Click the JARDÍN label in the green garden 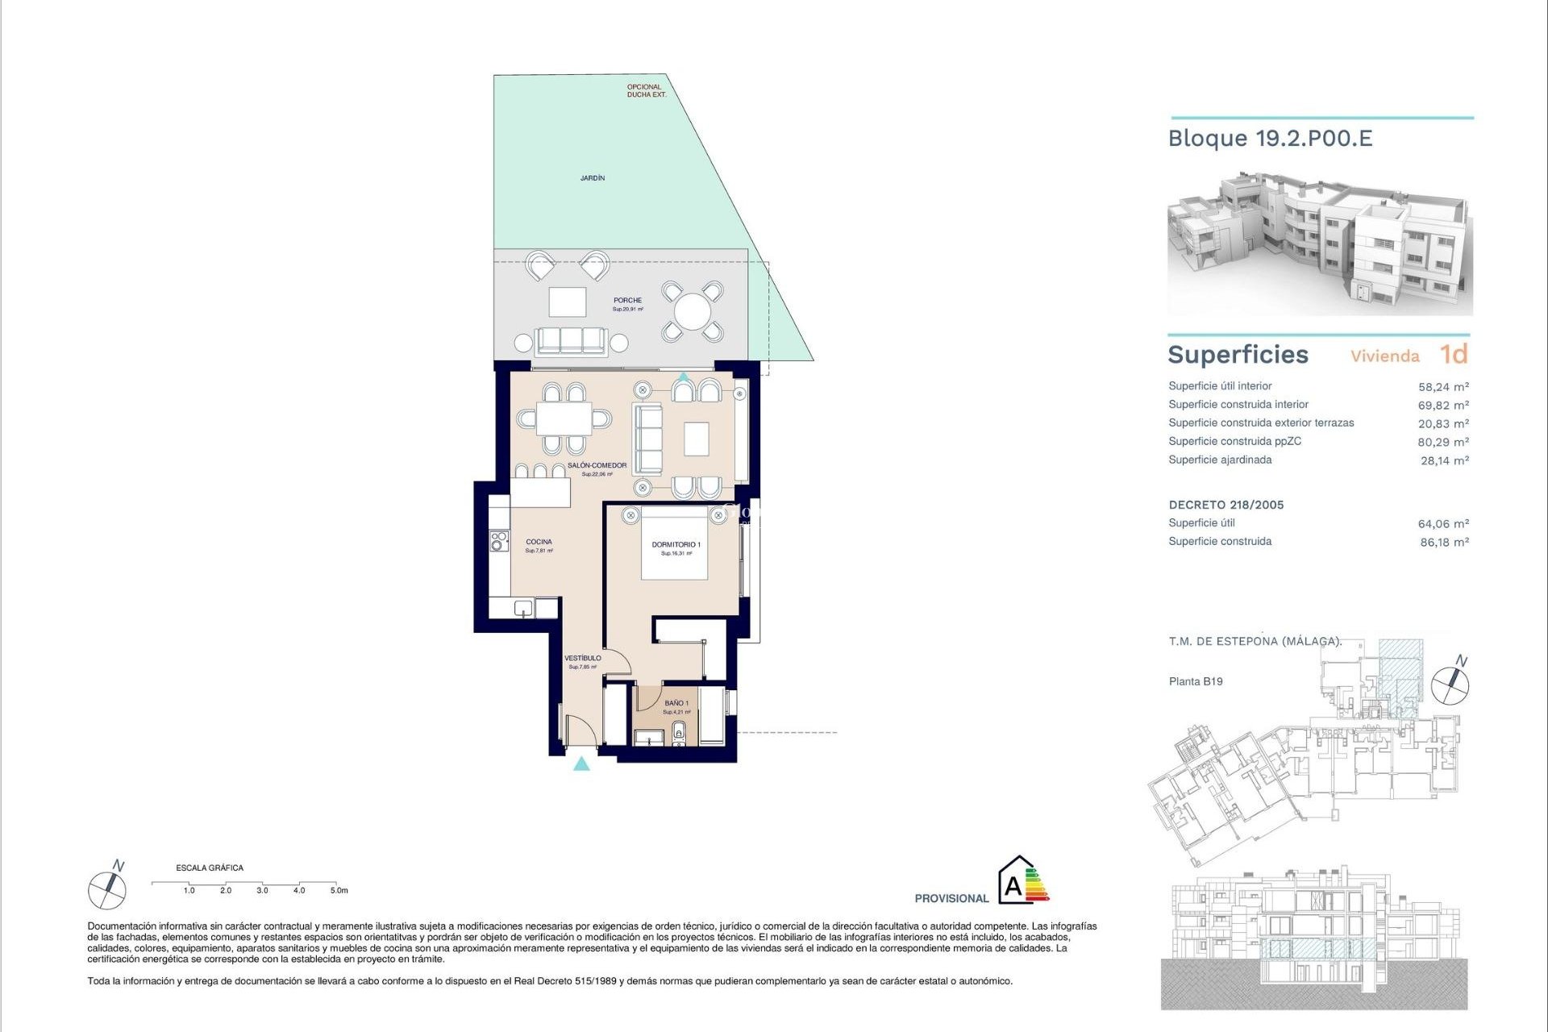coord(593,177)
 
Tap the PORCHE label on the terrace coord(627,301)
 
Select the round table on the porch coord(692,311)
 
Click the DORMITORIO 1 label coord(676,545)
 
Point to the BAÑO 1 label coord(676,703)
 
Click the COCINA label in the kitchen coord(539,542)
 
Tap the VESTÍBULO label coord(582,658)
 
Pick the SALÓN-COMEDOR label coord(597,465)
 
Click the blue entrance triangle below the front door coord(581,764)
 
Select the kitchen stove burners coord(499,540)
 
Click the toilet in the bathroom coord(679,732)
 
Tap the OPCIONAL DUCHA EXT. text coord(646,90)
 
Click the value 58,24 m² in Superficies coord(1442,387)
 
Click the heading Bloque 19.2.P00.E coord(1270,139)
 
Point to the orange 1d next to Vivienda coord(1454,355)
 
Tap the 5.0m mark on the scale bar coord(339,890)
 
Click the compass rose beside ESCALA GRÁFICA coord(107,891)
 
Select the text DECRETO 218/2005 coord(1225,505)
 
